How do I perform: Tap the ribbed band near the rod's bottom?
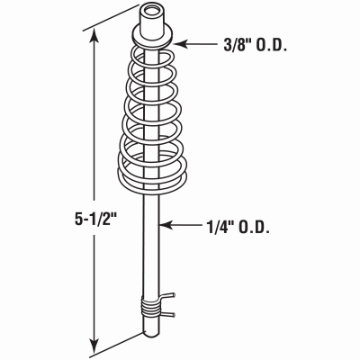[154, 310]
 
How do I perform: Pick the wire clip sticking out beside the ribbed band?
[170, 304]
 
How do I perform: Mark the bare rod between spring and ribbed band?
[154, 243]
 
